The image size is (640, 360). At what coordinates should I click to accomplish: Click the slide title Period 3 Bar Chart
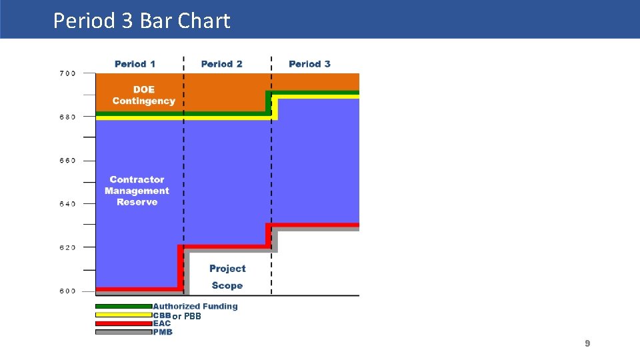point(141,21)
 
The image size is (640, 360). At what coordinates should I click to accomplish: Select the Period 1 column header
point(135,64)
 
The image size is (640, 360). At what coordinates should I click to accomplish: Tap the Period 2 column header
point(221,64)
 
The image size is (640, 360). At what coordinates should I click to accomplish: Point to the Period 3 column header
point(309,64)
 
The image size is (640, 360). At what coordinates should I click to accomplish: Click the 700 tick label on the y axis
point(67,73)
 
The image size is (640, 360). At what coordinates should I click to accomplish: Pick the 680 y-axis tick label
point(67,117)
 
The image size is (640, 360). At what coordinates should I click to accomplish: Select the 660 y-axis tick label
point(67,161)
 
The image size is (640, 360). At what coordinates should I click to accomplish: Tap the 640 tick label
point(67,204)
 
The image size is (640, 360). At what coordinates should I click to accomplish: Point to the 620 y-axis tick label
point(67,247)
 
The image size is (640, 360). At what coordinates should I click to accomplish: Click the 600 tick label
point(67,291)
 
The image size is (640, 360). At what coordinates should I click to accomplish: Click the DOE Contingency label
point(143,95)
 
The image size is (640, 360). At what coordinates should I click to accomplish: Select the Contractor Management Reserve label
point(137,191)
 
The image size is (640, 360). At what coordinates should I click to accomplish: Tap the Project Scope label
point(227,277)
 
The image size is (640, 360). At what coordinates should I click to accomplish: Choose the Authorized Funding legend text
point(195,307)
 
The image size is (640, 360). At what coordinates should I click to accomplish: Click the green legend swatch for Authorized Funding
point(123,307)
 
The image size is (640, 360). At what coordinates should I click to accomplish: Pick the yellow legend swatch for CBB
point(123,315)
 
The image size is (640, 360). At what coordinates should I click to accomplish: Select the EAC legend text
point(162,323)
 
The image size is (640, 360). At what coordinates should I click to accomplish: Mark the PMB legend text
point(163,332)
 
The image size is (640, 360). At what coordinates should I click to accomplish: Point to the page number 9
point(587,343)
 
